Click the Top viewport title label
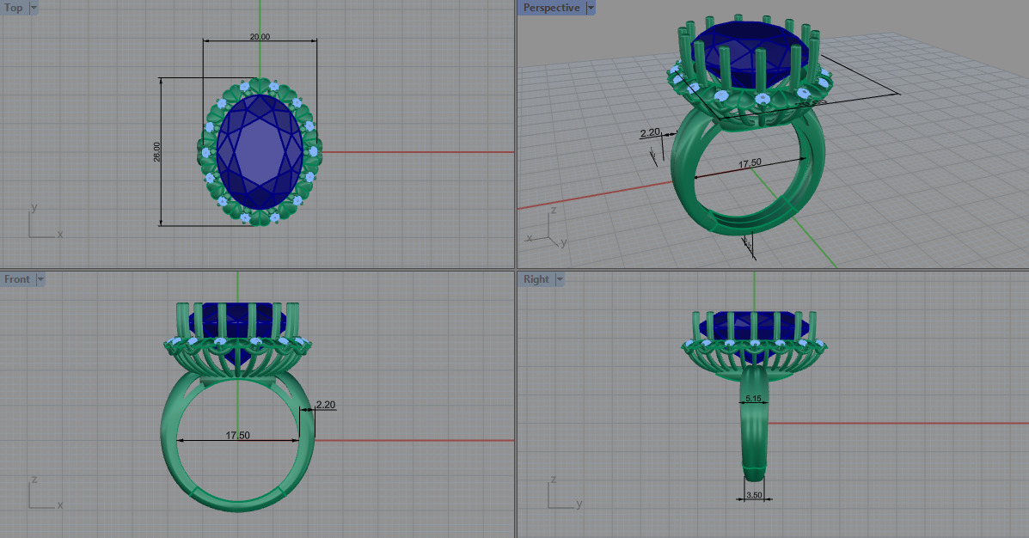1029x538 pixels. [14, 8]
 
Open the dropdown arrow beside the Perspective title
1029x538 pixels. [591, 8]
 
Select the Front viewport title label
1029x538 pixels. [16, 279]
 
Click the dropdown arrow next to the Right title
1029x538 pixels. [560, 279]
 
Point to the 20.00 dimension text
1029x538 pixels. [260, 37]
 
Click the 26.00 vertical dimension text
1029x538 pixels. [157, 152]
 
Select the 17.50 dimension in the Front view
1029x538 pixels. [237, 436]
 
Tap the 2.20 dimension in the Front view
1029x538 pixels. [325, 404]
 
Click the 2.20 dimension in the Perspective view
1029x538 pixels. [650, 132]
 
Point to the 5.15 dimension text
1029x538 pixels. [754, 399]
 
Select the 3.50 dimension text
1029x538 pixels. [754, 495]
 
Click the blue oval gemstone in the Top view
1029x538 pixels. [260, 152]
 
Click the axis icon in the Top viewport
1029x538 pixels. [39, 225]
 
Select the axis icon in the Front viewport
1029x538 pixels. [39, 497]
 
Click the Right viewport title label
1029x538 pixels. [536, 279]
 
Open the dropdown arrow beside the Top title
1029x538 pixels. [34, 8]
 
